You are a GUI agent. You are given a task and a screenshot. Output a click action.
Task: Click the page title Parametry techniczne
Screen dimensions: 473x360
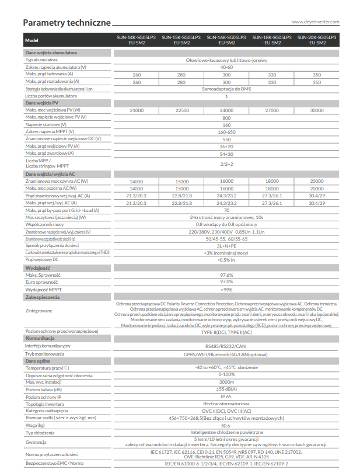(x=66, y=23)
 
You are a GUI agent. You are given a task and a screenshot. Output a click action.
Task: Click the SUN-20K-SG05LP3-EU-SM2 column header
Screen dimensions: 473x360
(x=316, y=40)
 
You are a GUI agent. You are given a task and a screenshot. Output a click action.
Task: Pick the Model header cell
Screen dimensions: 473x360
(x=32, y=40)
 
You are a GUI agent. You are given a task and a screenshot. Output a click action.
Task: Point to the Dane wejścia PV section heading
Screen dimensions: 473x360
(x=42, y=103)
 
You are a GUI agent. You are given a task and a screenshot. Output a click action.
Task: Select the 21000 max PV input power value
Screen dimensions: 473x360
(x=137, y=110)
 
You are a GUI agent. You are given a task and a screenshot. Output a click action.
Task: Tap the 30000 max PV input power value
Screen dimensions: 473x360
(x=317, y=110)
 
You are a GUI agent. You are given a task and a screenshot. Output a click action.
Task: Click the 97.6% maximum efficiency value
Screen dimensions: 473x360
(x=226, y=274)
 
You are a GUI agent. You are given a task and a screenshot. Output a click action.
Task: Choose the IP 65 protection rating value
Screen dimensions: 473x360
(x=226, y=397)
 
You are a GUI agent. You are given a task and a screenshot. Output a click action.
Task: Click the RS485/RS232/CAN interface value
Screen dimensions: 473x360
(x=226, y=346)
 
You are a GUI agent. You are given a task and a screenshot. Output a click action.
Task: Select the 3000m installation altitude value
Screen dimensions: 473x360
(x=226, y=382)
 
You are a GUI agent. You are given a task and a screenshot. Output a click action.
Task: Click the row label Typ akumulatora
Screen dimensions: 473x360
(x=41, y=60)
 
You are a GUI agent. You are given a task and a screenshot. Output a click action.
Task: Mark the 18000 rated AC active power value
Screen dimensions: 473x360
(x=271, y=182)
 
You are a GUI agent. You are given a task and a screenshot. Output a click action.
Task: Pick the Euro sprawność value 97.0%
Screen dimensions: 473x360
(x=226, y=281)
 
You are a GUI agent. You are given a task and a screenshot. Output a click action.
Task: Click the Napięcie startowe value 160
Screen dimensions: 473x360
(x=226, y=124)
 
